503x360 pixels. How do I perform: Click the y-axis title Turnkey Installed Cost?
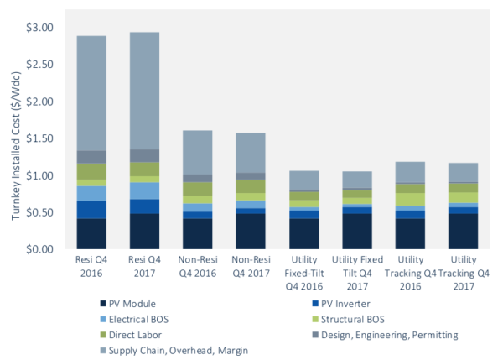pos(15,139)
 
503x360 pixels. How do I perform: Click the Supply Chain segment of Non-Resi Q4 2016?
pos(197,152)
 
